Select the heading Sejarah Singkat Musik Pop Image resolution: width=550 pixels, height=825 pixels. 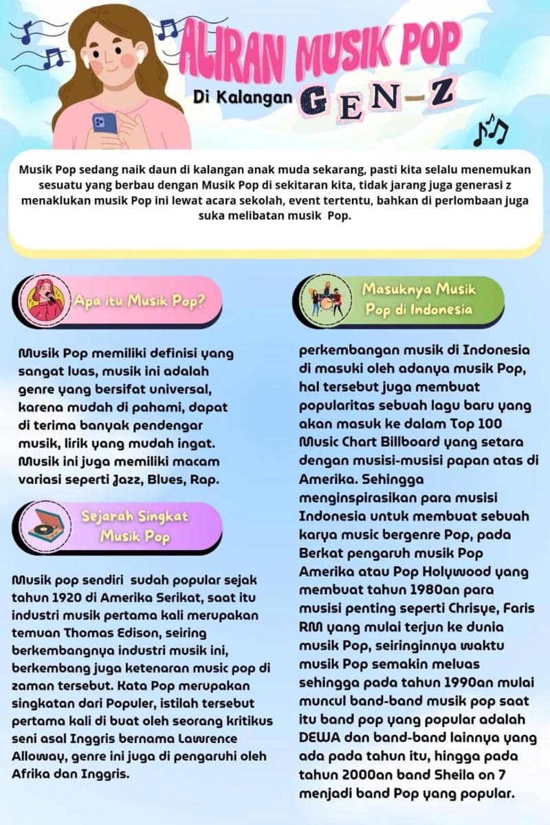pos(135,526)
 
